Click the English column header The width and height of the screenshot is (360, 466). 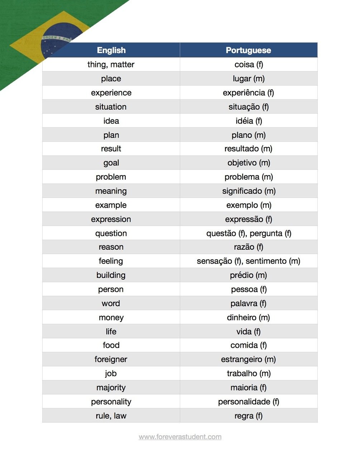[111, 50]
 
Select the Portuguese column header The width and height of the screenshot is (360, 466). [248, 50]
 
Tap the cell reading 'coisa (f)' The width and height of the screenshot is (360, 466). [249, 64]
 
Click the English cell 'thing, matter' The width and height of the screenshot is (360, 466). [111, 64]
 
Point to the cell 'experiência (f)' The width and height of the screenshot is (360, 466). [248, 93]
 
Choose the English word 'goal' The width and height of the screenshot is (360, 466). [111, 163]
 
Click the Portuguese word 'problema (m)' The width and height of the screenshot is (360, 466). [249, 177]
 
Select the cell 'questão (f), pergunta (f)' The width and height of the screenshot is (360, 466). [249, 234]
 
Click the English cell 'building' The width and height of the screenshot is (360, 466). [111, 275]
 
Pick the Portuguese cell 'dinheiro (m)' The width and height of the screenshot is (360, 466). [248, 317]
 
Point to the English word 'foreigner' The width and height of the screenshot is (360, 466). [111, 359]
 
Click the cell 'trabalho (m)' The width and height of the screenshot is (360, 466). [249, 374]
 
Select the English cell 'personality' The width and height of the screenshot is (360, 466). [111, 402]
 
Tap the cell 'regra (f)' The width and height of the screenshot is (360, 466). [249, 416]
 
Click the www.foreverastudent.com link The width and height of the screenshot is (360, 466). [180, 437]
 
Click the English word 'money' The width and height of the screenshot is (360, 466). [111, 317]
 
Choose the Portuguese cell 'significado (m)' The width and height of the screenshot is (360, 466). [249, 191]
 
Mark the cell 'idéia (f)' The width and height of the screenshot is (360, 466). [249, 121]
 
